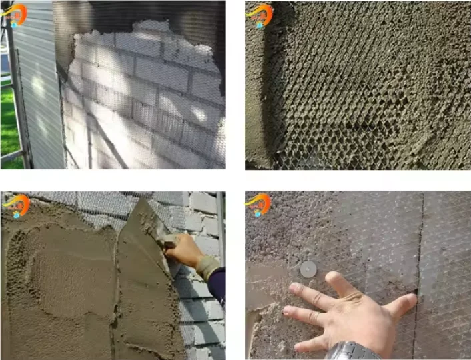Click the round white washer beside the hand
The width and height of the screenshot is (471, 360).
point(308,269)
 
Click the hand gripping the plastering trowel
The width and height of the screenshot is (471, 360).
point(183,250)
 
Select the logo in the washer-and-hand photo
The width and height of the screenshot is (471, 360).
point(258,204)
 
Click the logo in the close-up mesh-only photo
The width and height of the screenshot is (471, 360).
point(259,15)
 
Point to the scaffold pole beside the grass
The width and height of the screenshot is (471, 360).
point(17,93)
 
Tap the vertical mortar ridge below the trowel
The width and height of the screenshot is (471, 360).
point(116,300)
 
